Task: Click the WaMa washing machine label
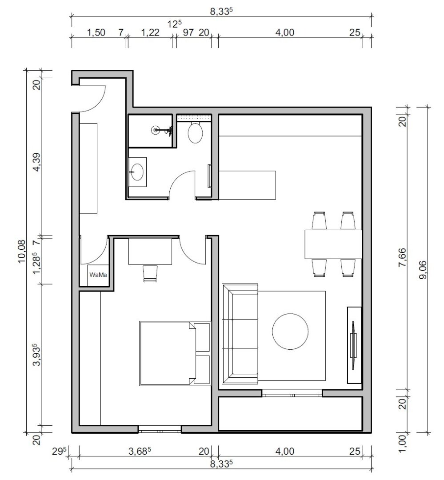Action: tap(98, 275)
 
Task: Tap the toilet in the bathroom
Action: tap(196, 132)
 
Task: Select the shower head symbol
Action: tap(156, 130)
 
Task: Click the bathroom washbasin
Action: tap(137, 171)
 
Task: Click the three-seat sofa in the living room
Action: tap(240, 333)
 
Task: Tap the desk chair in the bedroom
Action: tap(150, 273)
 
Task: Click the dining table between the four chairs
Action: tap(333, 244)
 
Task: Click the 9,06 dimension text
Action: tap(422, 269)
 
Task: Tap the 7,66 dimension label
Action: tap(402, 258)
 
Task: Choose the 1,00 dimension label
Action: tap(402, 443)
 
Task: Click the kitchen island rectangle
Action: tap(247, 184)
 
